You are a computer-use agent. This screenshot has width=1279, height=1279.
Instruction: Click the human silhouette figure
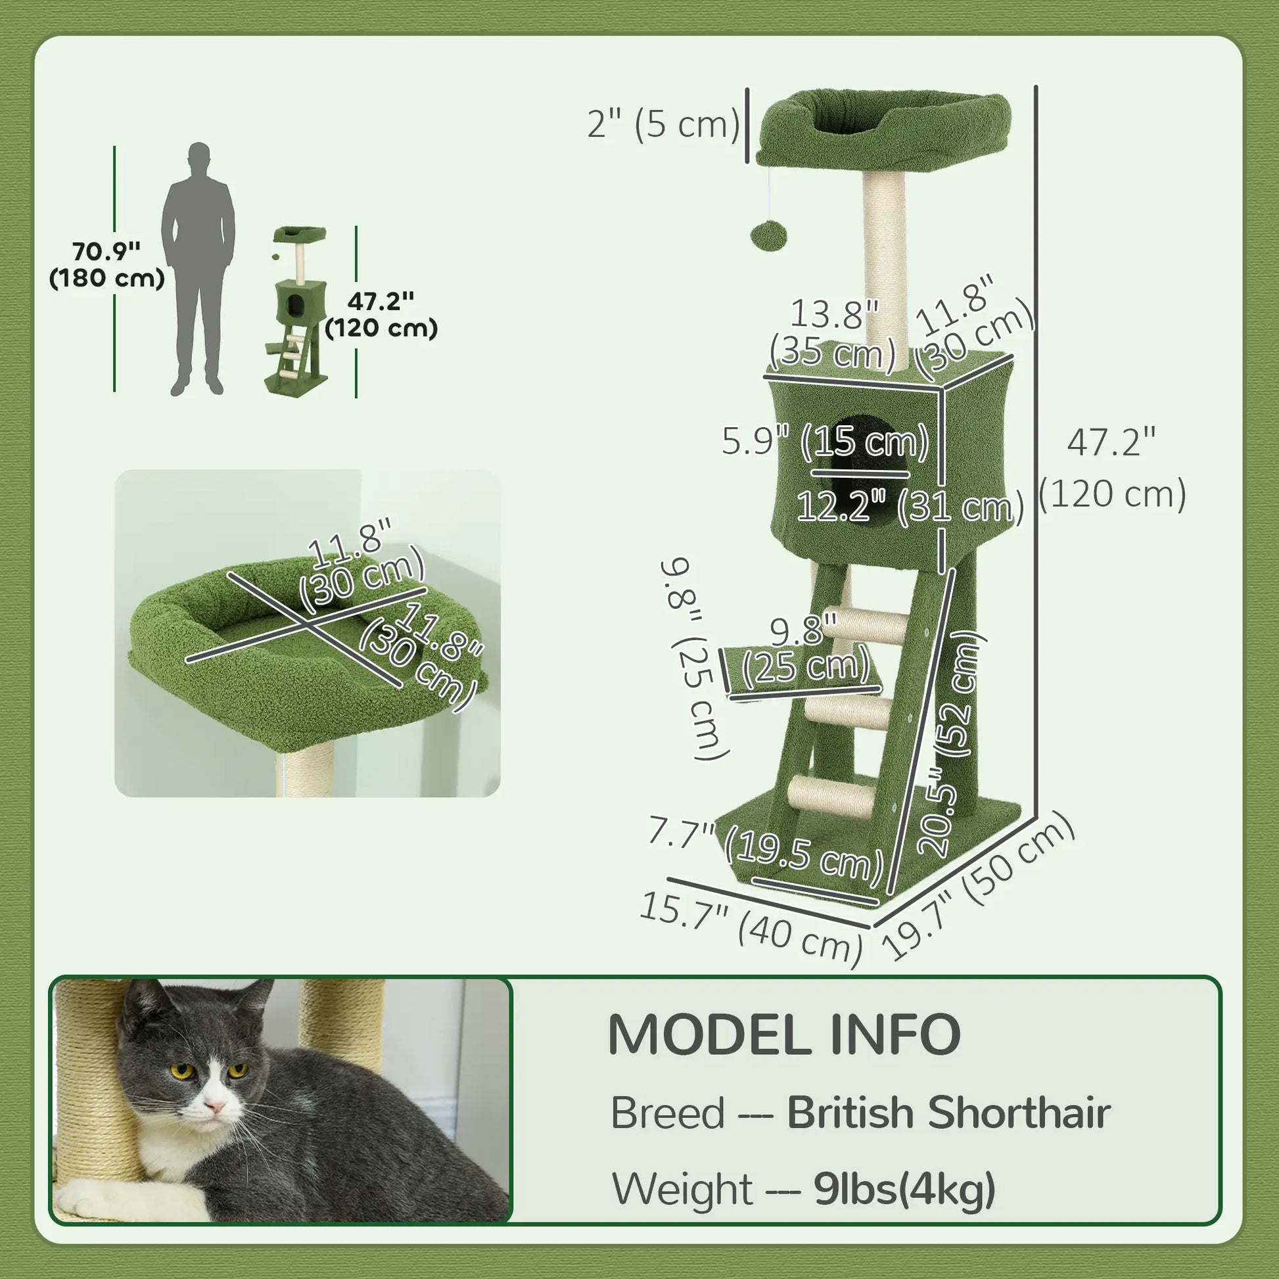pos(198,265)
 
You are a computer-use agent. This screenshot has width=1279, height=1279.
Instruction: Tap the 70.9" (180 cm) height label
pos(106,265)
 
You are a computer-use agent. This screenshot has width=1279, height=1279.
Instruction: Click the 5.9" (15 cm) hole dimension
pos(825,441)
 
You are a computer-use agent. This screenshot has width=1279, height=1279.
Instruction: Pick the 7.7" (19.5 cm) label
pos(765,850)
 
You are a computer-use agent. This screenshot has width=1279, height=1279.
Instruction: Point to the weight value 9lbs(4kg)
pos(904,1189)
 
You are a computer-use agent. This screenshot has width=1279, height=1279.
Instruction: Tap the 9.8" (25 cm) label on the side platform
pos(804,653)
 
